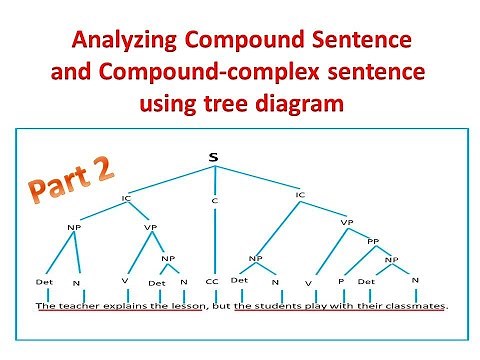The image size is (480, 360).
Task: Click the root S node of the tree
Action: [x=214, y=157]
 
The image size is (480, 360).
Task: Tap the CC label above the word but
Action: [x=212, y=282]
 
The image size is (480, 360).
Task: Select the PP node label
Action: [x=373, y=240]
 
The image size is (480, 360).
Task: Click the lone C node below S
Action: [x=213, y=201]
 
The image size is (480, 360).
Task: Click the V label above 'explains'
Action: [x=124, y=282]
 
